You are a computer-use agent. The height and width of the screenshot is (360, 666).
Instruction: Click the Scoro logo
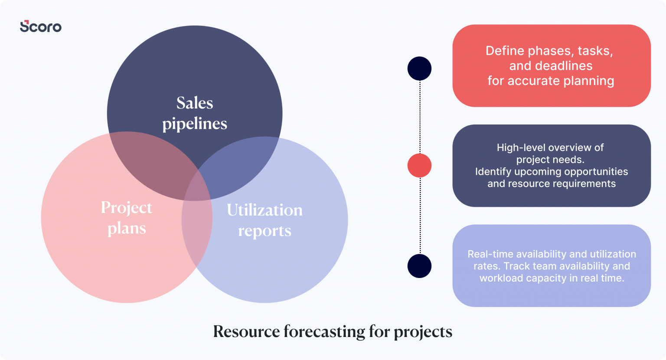click(41, 26)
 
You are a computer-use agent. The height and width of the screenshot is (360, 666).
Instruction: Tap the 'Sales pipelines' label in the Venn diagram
click(195, 113)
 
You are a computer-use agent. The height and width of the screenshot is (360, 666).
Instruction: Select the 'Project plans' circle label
click(127, 218)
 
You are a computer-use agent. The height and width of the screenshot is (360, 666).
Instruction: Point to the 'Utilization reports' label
click(264, 220)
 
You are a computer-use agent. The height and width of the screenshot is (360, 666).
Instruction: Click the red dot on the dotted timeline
click(419, 166)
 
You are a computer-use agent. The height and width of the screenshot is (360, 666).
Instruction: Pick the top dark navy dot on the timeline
click(419, 69)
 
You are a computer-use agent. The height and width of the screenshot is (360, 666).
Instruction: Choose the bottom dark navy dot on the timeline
click(419, 266)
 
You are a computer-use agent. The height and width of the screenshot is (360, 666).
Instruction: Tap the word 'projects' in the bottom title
click(423, 332)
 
